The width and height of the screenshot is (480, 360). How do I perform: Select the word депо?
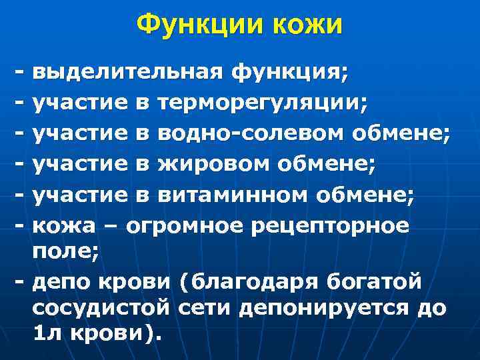click(61, 281)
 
